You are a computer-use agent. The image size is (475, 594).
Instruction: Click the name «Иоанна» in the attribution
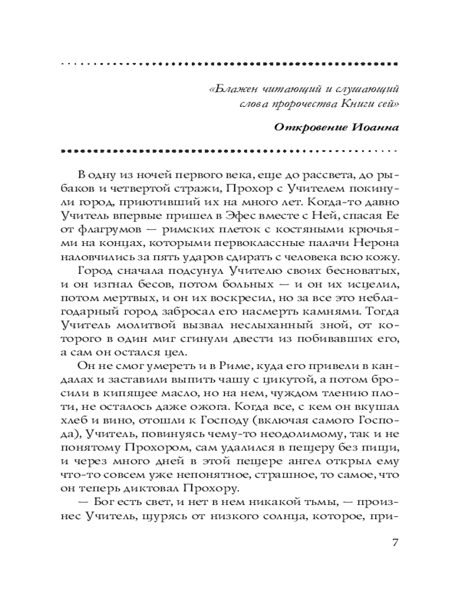click(x=373, y=128)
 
